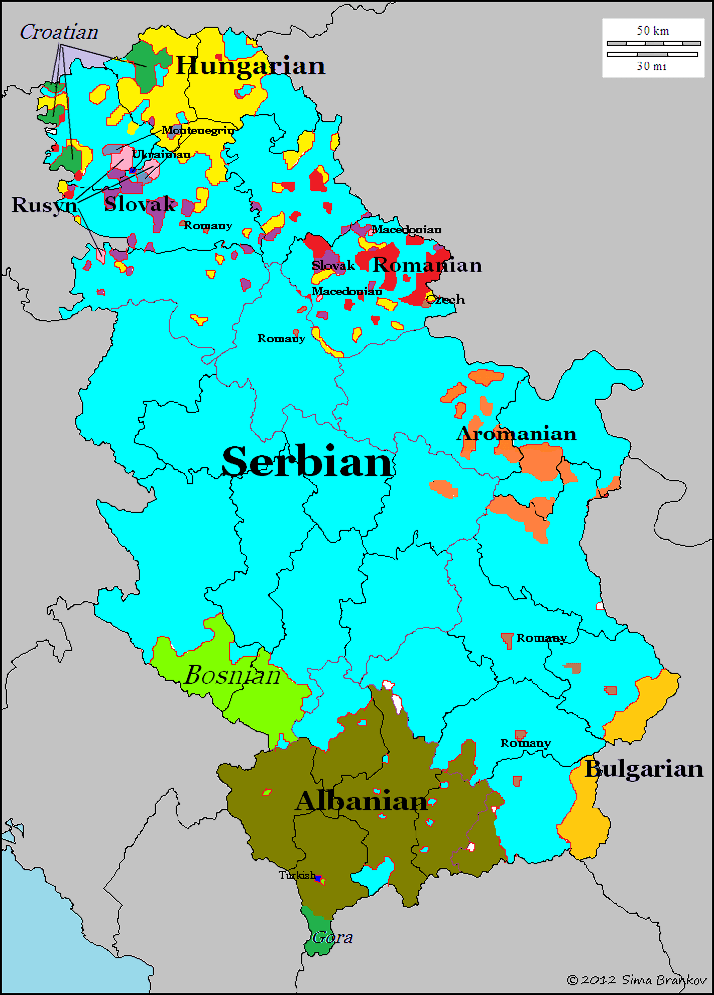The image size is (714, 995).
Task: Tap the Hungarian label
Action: click(x=250, y=66)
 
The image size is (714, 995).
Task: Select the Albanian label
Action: click(x=361, y=802)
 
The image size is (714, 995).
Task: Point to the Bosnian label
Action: click(x=232, y=675)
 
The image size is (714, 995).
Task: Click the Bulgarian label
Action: click(x=644, y=769)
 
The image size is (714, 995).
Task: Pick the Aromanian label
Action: click(x=516, y=434)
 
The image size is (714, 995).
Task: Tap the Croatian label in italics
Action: click(x=59, y=32)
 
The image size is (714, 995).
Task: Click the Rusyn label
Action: click(x=44, y=205)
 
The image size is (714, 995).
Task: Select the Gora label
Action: click(x=333, y=937)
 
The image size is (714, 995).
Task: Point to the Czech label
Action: click(x=446, y=299)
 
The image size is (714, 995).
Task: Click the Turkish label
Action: click(x=297, y=875)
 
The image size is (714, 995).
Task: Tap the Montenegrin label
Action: click(x=198, y=130)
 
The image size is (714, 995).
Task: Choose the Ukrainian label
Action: click(x=161, y=154)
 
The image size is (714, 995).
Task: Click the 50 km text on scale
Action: click(x=653, y=31)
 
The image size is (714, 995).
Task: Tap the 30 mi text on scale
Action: click(x=652, y=66)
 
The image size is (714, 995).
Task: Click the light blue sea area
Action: click(x=74, y=923)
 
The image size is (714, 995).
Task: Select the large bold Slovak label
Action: click(x=140, y=204)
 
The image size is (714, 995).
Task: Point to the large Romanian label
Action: click(x=427, y=265)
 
